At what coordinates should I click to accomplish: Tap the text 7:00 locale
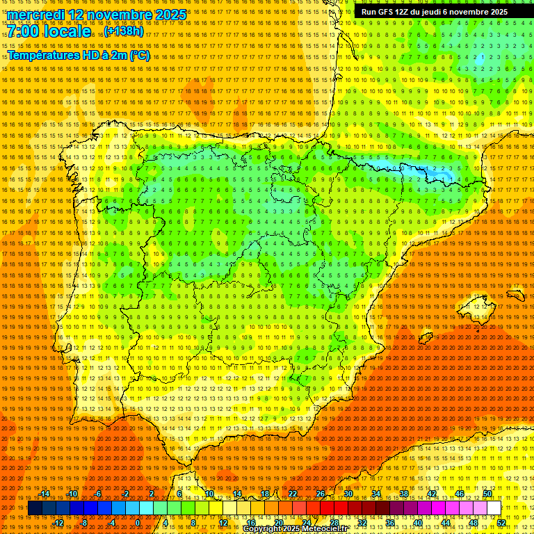pos(49,32)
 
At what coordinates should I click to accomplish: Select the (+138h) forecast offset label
pos(124,31)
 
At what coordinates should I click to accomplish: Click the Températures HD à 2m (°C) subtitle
pos(78,55)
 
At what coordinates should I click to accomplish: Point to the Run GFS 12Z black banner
pos(434,12)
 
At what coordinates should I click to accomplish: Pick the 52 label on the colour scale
pos(501,523)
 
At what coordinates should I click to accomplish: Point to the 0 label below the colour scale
pos(138,523)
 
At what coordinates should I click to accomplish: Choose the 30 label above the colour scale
pos(348,494)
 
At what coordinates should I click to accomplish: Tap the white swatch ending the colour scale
pos(494,508)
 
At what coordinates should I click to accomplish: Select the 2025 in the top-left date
pos(170,15)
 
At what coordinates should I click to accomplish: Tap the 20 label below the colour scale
pos(278,523)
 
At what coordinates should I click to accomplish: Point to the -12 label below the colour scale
pos(58,523)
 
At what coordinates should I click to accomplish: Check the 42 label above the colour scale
pos(431,494)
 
